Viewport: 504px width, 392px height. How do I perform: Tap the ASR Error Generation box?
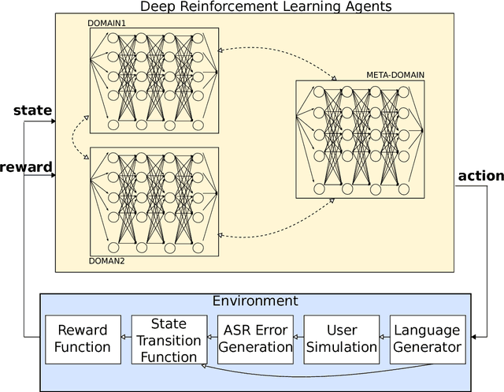[254, 337]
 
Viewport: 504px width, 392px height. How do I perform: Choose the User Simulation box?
[341, 337]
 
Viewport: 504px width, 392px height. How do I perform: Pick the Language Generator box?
[427, 337]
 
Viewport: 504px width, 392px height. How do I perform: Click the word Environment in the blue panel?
[255, 301]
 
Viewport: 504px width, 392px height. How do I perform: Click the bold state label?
[33, 110]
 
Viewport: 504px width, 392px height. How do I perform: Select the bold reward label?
[26, 167]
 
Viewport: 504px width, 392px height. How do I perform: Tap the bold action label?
[480, 175]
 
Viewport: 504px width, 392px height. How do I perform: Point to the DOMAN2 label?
[107, 259]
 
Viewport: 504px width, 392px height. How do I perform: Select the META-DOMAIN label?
[395, 75]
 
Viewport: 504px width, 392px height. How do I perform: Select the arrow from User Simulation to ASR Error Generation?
[298, 338]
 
